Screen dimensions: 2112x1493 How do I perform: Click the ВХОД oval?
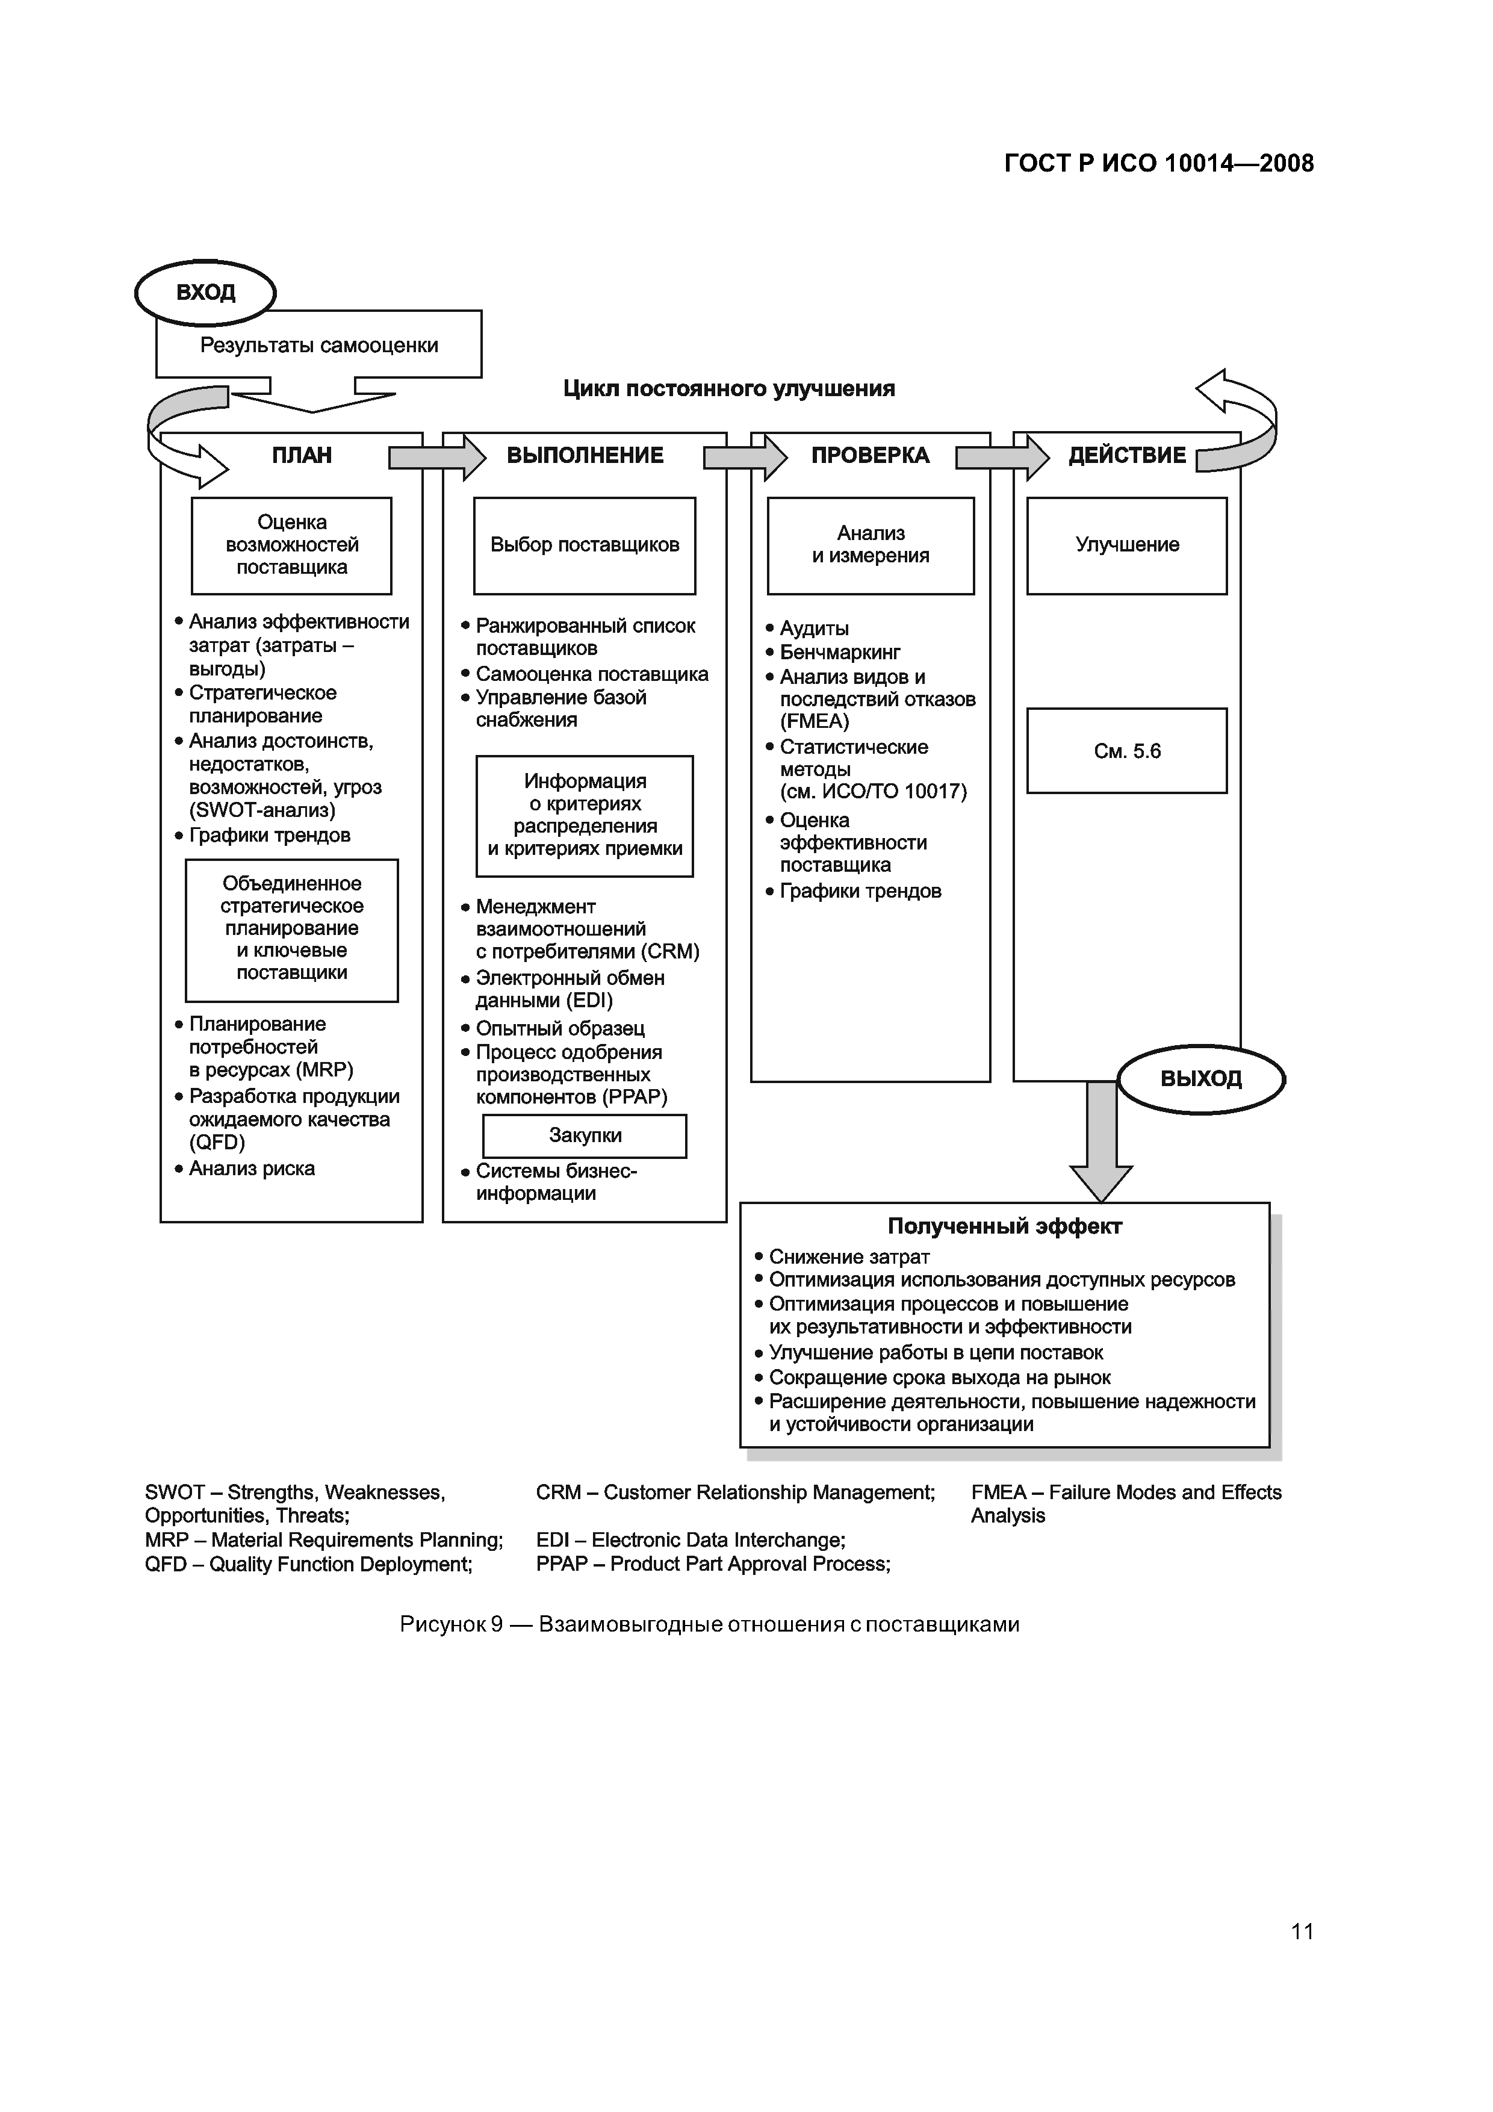tap(205, 293)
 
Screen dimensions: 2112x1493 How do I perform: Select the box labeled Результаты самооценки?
tap(318, 345)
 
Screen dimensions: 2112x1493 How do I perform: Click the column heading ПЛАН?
tap(302, 455)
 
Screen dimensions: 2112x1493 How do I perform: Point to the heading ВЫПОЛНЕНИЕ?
tap(585, 455)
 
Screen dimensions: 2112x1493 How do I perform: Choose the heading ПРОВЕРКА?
tap(871, 455)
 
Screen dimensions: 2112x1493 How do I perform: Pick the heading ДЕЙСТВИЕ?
tap(1127, 455)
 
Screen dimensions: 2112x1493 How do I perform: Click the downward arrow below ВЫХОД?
tap(1101, 1145)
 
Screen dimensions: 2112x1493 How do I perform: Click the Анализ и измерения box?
tap(871, 545)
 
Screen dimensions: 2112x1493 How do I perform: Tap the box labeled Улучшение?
tap(1127, 545)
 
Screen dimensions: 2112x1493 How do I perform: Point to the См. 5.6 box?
tap(1127, 751)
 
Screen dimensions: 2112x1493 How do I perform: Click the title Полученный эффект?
tap(1005, 1226)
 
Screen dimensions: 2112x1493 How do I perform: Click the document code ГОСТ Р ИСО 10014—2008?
tap(1159, 164)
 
